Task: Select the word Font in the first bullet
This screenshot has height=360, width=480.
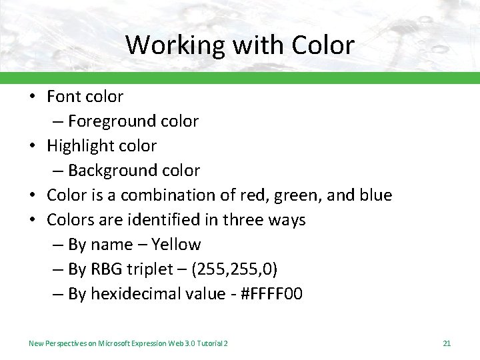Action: [63, 97]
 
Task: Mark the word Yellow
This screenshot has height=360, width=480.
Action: [176, 245]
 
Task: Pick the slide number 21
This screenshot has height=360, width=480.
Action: [447, 343]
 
